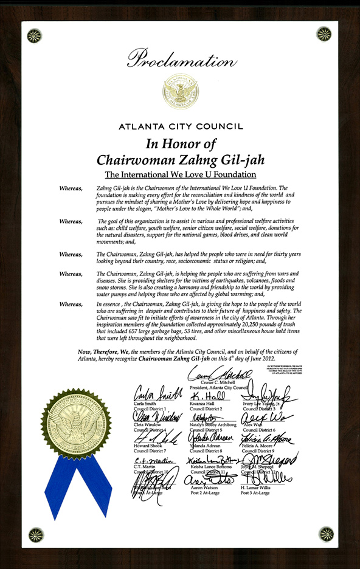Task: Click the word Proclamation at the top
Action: pyautogui.click(x=179, y=58)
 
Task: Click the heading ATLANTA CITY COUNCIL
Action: pyautogui.click(x=180, y=127)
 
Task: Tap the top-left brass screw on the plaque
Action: pyautogui.click(x=34, y=36)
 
